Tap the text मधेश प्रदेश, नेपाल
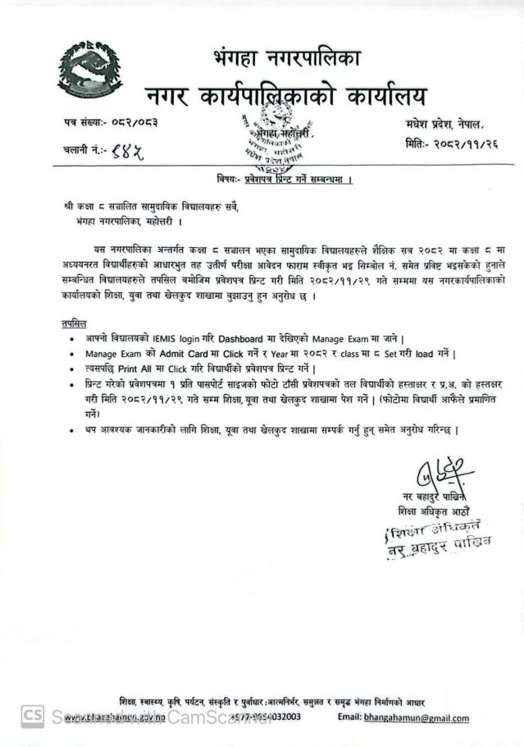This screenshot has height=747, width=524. (x=445, y=122)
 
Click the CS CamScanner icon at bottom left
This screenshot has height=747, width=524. (x=32, y=716)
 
